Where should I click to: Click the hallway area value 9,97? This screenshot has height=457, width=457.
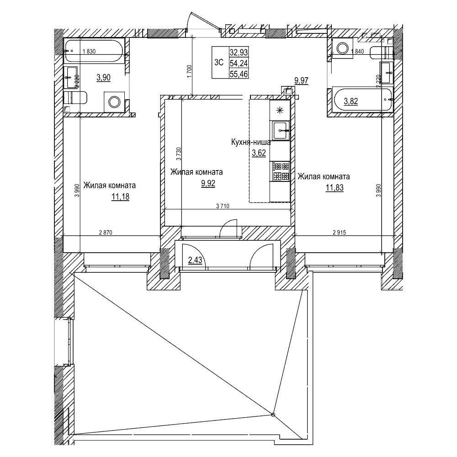(302, 81)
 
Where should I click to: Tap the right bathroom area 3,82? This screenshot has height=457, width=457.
(351, 101)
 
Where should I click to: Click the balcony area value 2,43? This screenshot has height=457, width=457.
(196, 261)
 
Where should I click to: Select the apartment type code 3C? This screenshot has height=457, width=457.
(218, 63)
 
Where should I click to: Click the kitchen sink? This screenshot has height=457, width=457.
(279, 130)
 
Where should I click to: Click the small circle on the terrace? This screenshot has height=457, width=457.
(273, 415)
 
